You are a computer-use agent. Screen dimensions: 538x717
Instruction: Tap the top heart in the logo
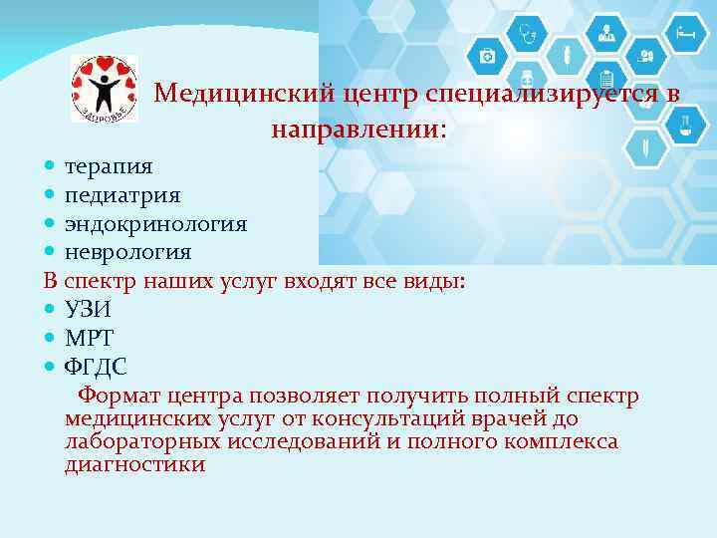105,64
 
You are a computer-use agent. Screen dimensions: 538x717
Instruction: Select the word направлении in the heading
353,129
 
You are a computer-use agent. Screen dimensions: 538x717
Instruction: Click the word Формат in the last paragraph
119,397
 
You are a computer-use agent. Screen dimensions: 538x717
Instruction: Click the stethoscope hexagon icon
528,35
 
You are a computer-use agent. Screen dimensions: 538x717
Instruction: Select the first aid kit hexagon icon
487,56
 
